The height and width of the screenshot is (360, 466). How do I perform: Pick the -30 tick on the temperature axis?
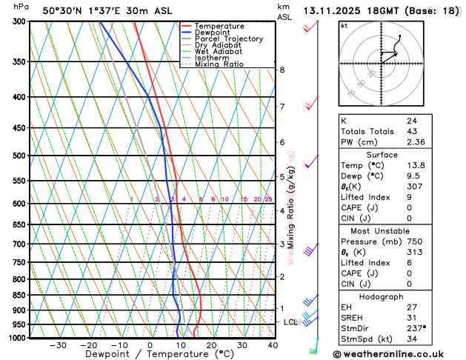pyautogui.click(x=58, y=345)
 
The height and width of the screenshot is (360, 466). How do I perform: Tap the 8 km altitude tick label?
pyautogui.click(x=282, y=70)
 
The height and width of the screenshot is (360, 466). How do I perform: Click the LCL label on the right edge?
pyautogui.click(x=290, y=322)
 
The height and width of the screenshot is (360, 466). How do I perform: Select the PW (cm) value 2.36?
pyautogui.click(x=415, y=143)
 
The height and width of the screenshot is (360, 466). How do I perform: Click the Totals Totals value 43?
pyautogui.click(x=411, y=131)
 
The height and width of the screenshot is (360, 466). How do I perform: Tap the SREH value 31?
pyautogui.click(x=411, y=317)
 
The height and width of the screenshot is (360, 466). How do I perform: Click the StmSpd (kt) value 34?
pyautogui.click(x=411, y=339)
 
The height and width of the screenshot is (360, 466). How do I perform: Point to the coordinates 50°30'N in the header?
pyautogui.click(x=64, y=11)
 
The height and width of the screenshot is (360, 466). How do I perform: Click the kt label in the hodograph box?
pyautogui.click(x=344, y=25)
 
